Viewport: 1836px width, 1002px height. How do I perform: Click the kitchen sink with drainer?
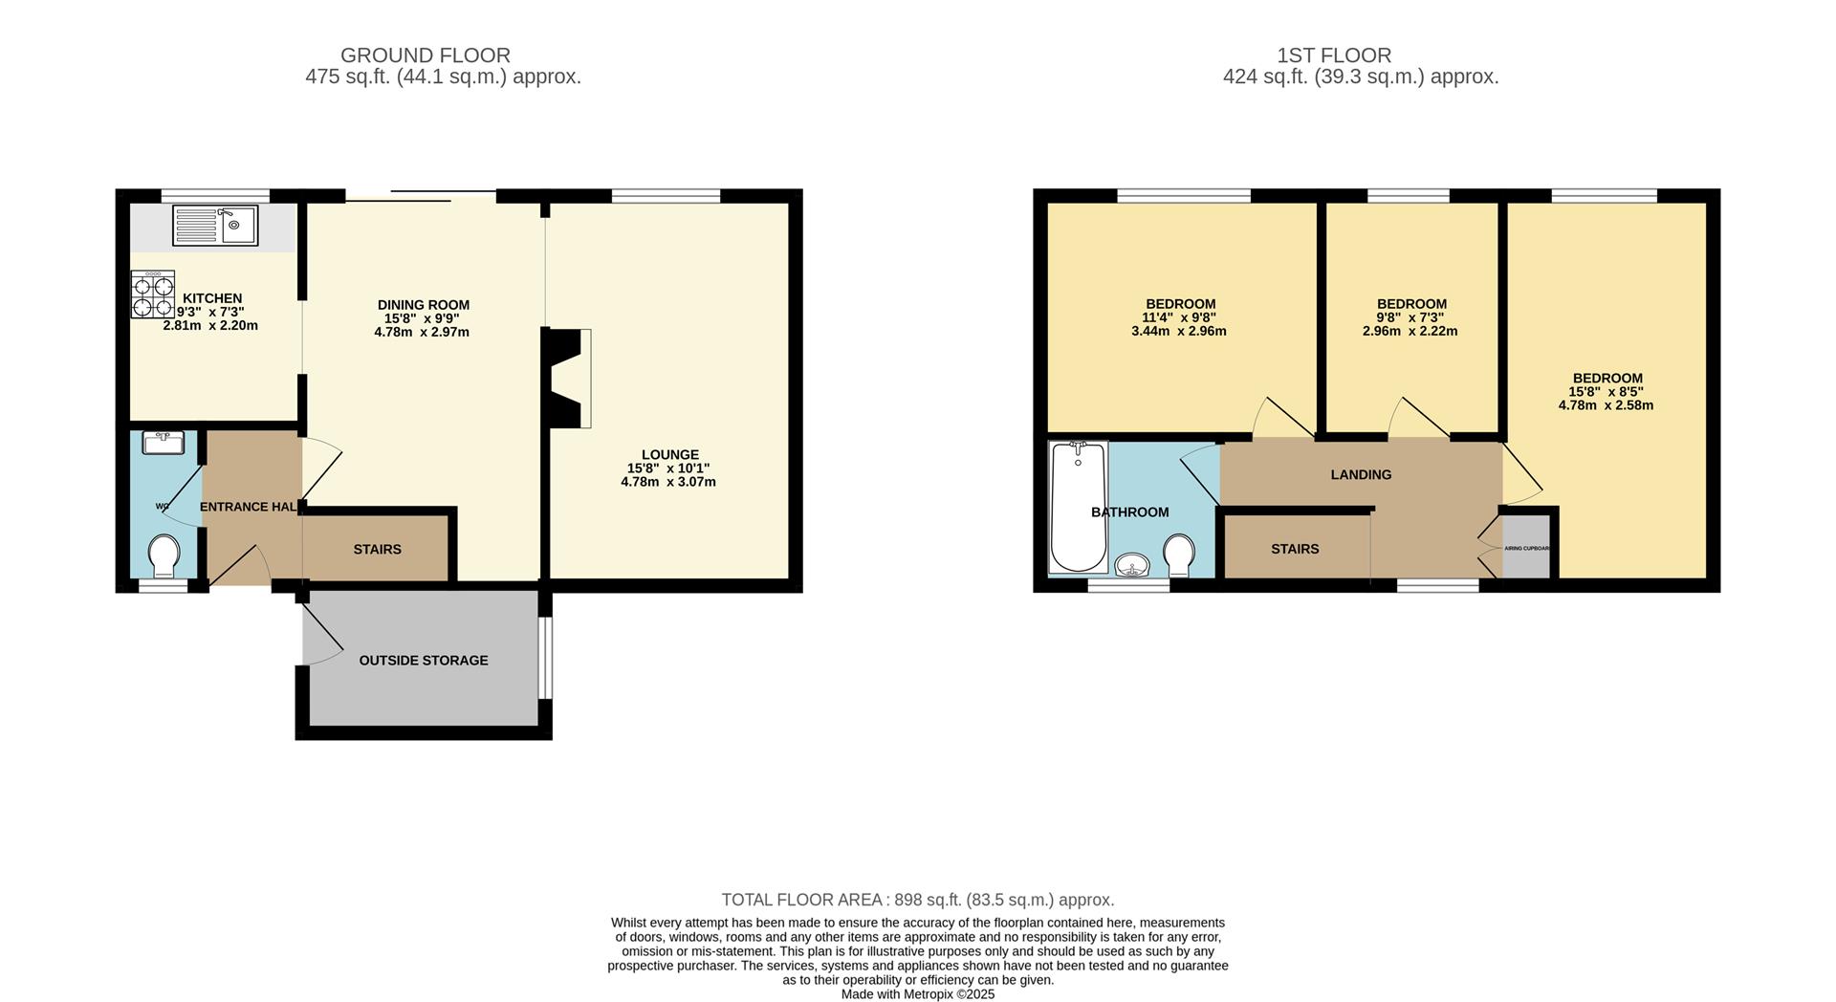point(215,226)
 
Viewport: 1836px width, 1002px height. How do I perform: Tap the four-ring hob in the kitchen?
point(153,294)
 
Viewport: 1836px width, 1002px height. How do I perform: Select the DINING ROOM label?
point(423,305)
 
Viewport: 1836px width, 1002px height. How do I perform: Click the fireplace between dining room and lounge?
point(566,378)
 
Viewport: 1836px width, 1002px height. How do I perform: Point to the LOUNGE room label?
point(669,455)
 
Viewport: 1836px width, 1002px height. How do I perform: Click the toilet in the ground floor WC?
point(164,555)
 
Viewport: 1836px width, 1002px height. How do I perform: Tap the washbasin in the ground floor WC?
point(164,443)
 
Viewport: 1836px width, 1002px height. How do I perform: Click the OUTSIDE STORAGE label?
point(424,661)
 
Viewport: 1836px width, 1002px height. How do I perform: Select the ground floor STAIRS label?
point(377,550)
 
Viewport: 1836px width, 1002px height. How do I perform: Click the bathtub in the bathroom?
point(1079,507)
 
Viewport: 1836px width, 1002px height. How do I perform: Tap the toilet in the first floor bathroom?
point(1179,554)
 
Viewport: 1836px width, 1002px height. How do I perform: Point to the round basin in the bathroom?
point(1133,566)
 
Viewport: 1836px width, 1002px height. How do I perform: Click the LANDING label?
point(1361,475)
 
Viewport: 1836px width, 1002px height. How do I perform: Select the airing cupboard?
point(1526,549)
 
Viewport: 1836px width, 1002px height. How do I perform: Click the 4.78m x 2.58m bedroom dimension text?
point(1606,405)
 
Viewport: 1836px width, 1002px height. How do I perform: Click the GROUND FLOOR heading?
point(425,55)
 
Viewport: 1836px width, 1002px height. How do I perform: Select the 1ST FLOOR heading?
point(1360,55)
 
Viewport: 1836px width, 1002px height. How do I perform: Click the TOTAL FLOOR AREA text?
point(917,900)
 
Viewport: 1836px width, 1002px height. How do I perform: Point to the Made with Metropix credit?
point(917,994)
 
